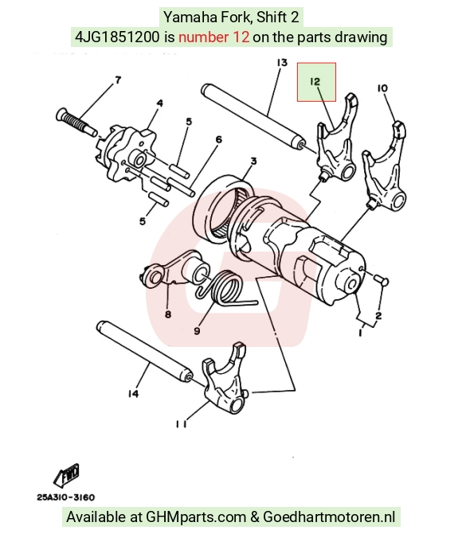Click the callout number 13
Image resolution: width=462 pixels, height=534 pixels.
[282, 63]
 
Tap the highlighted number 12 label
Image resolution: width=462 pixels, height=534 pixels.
[315, 82]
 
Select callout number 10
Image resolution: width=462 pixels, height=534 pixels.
[382, 88]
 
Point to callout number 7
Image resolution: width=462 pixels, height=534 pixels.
[118, 80]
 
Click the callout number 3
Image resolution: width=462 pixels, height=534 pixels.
[253, 161]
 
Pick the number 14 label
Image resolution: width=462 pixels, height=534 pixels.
[133, 394]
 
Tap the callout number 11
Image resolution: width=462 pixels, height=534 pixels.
[181, 424]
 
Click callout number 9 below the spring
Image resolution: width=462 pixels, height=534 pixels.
[197, 330]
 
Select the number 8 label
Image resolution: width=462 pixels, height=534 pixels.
[168, 314]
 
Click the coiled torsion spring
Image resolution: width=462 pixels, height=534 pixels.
[225, 288]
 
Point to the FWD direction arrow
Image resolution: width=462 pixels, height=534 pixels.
[66, 474]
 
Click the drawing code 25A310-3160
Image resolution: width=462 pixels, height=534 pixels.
[66, 497]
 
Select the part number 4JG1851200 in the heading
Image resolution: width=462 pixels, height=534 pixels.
[117, 37]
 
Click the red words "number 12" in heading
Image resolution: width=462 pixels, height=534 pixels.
[213, 37]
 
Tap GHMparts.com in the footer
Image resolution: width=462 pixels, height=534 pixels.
[196, 516]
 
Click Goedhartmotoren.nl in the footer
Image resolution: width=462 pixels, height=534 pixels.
[329, 516]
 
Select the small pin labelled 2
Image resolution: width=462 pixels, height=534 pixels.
[382, 281]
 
